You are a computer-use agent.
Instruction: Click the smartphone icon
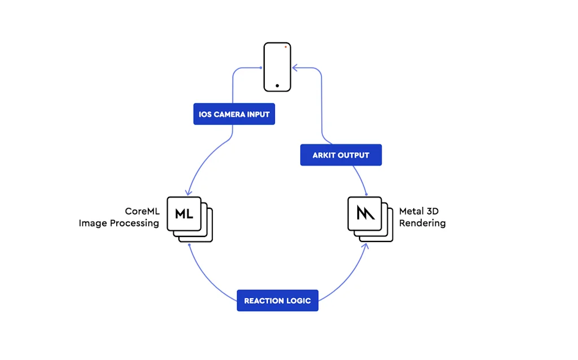click(278, 67)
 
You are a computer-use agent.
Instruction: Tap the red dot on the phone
click(286, 47)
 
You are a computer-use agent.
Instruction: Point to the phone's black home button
click(277, 86)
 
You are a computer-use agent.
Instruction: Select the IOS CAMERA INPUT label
click(234, 115)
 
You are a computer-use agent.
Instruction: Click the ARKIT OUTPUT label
click(340, 155)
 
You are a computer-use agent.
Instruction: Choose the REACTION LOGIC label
click(277, 301)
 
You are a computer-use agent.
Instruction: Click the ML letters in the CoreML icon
click(184, 214)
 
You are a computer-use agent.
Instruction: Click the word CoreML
click(142, 212)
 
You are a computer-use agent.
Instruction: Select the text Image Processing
click(119, 223)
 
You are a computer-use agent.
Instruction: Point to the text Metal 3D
click(419, 212)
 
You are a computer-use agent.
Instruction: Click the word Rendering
click(422, 223)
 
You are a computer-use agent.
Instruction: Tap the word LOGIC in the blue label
click(298, 301)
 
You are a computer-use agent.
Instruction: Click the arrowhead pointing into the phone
click(295, 68)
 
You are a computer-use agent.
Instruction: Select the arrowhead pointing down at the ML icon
click(189, 192)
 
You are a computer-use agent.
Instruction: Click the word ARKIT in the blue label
click(324, 155)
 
